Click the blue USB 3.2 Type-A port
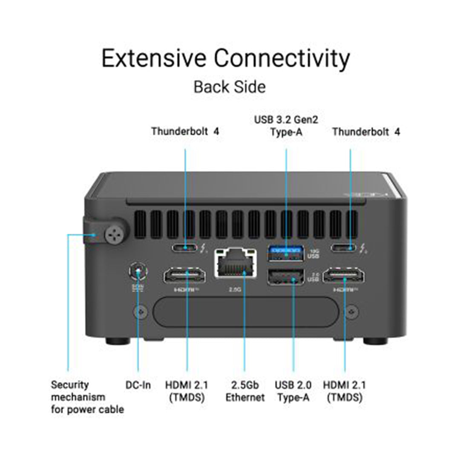pyautogui.click(x=286, y=254)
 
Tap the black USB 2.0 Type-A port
pyautogui.click(x=286, y=277)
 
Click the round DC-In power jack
pyautogui.click(x=138, y=271)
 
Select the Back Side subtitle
pyautogui.click(x=230, y=87)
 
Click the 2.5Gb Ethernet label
pyautogui.click(x=245, y=391)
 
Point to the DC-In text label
pyautogui.click(x=138, y=385)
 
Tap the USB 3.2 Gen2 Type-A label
pyautogui.click(x=286, y=126)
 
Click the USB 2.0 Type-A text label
pyautogui.click(x=293, y=391)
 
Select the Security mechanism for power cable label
pyautogui.click(x=87, y=397)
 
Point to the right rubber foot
pyautogui.click(x=375, y=341)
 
